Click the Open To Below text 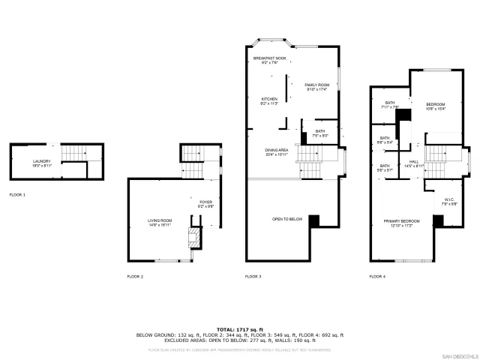(287, 219)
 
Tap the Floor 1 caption (17, 195)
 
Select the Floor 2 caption (135, 277)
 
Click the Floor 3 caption (253, 277)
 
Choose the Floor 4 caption (377, 277)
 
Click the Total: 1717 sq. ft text (239, 329)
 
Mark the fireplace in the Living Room (194, 239)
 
